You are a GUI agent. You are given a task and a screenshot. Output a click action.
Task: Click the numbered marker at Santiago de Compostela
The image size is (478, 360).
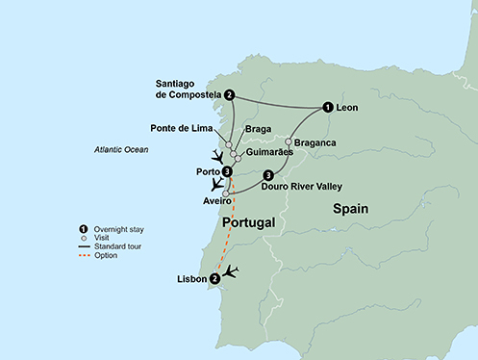tap(230, 95)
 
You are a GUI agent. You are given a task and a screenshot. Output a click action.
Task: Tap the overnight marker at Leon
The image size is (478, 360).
tap(328, 108)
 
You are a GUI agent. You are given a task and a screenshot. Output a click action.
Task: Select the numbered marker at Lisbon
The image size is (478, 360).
tap(214, 278)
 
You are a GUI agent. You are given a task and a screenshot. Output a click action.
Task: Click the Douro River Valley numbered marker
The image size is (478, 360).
tap(268, 174)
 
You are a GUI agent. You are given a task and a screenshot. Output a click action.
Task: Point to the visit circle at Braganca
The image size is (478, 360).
tap(288, 142)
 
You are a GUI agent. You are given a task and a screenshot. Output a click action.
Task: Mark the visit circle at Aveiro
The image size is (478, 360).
tap(226, 193)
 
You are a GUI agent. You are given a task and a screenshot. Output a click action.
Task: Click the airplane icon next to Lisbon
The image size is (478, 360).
tap(231, 273)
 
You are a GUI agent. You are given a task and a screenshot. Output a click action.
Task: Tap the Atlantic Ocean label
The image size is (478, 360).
tap(124, 149)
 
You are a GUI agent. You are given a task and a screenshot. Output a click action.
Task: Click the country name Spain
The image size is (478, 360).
tap(353, 208)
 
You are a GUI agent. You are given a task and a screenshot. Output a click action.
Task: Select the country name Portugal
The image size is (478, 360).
tap(249, 222)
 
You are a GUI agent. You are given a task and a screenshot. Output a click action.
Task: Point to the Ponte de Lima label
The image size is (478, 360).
tap(188, 128)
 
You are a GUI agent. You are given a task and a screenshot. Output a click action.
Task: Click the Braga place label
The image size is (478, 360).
tap(258, 128)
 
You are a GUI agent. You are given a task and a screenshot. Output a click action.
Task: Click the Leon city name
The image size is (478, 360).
tap(347, 108)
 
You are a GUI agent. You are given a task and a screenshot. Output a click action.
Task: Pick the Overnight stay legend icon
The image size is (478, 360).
tap(84, 228)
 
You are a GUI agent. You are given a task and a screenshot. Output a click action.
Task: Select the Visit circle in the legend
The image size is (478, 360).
tap(84, 237)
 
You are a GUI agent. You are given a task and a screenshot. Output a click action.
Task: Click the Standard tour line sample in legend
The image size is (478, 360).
tap(84, 245)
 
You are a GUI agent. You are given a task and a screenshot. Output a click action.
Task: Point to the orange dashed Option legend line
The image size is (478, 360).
tap(84, 254)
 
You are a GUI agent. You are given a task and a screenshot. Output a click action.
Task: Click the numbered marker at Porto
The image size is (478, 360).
tap(227, 172)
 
